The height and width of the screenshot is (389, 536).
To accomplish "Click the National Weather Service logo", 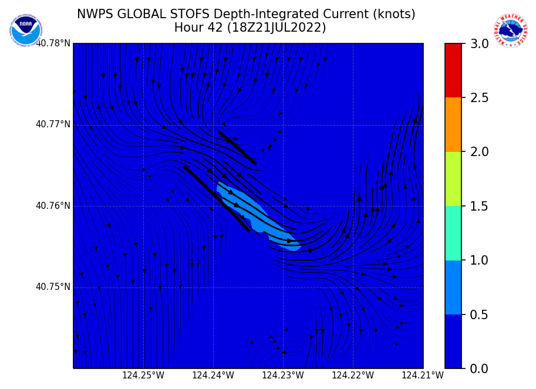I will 511,31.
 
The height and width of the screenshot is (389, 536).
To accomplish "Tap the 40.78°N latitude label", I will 53,43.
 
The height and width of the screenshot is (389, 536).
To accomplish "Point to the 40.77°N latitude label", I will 53,124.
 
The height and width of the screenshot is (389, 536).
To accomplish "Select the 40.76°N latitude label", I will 53,206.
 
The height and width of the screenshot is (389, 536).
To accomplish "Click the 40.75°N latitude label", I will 53,287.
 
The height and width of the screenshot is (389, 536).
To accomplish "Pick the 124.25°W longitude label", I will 143,376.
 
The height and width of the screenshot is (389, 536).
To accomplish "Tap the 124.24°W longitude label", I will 213,376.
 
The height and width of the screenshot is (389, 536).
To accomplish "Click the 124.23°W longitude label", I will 283,376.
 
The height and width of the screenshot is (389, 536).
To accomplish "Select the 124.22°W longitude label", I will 353,376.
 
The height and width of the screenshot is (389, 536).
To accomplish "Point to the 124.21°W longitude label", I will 423,376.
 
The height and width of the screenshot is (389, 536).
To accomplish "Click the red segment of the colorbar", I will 453,70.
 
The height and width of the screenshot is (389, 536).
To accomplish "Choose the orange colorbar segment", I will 453,124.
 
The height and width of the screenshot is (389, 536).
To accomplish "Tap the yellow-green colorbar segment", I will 453,179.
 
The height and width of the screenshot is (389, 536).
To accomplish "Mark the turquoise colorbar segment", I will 453,233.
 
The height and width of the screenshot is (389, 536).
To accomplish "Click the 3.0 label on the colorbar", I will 478,43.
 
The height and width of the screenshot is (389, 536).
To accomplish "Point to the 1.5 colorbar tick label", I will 478,206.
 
